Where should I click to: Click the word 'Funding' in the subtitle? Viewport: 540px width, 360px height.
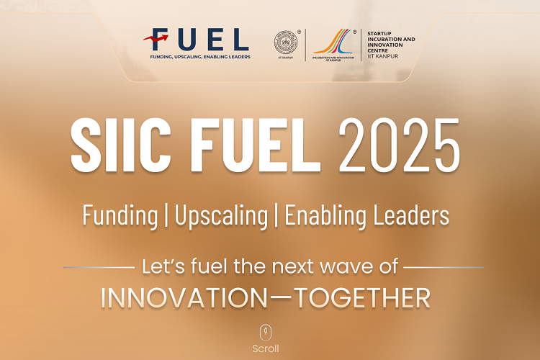[120, 215]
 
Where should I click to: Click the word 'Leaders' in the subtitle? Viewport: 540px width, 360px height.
[418, 215]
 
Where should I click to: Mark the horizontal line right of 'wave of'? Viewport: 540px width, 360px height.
[443, 267]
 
